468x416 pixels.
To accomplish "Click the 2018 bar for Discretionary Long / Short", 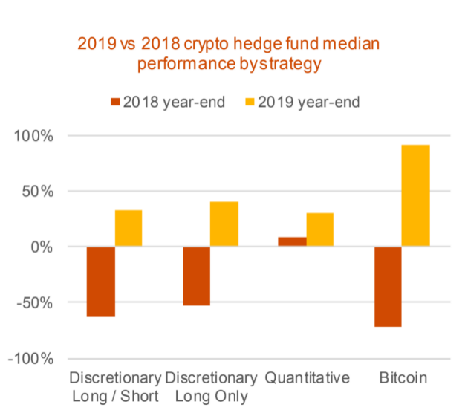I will (100, 282).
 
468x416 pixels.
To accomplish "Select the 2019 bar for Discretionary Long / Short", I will (129, 228).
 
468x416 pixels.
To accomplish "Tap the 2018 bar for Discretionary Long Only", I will (196, 276).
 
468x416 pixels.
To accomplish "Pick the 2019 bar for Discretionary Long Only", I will (224, 224).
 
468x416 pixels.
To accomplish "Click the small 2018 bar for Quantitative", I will (292, 241).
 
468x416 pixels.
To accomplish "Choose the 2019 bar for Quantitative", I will (320, 230).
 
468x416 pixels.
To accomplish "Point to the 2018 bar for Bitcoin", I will (388, 286).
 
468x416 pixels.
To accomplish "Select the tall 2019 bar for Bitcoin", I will (416, 195).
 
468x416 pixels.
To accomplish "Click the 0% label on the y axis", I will (41, 247).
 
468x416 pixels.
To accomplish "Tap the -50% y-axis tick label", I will (33, 302).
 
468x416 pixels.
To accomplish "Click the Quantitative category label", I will (307, 378).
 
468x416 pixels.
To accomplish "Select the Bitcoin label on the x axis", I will (402, 378).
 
